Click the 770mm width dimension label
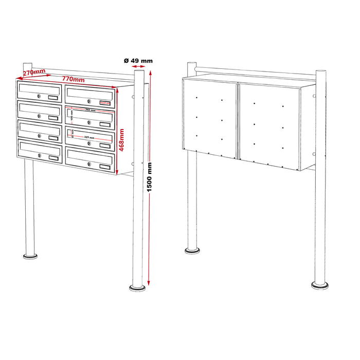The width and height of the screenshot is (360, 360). (x=74, y=80)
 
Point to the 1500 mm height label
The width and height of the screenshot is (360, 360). (x=150, y=184)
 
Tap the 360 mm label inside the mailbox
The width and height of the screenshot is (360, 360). (x=91, y=111)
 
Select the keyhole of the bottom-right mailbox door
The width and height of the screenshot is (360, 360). (x=88, y=164)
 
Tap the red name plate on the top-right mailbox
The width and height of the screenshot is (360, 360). (x=105, y=103)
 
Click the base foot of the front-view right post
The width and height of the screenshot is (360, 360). (x=137, y=286)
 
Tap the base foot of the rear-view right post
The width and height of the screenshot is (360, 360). (x=320, y=283)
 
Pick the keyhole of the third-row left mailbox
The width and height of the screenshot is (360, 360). (x=39, y=135)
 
